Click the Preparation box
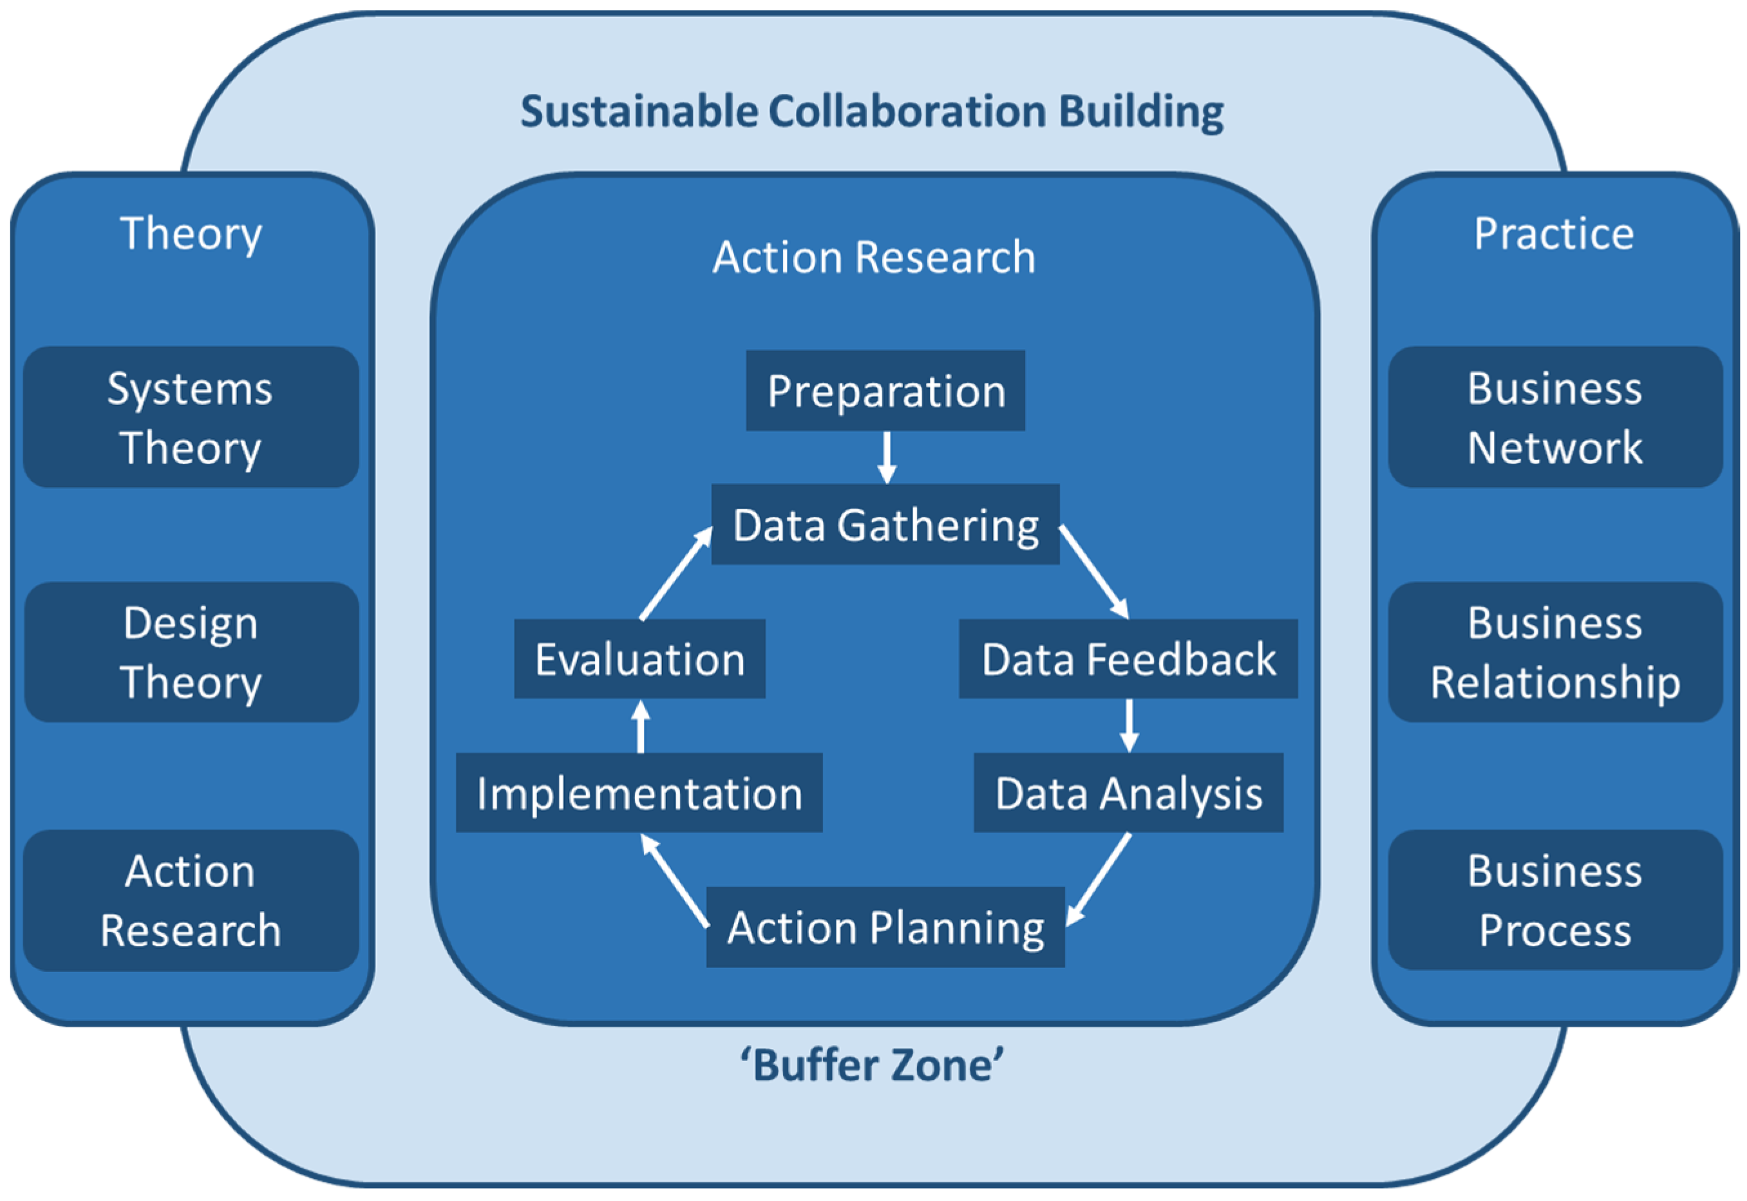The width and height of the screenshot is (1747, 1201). click(885, 391)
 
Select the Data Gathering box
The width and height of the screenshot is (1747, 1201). click(885, 525)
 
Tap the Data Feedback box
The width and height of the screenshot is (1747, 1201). click(1128, 658)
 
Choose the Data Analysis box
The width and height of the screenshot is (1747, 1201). click(1128, 792)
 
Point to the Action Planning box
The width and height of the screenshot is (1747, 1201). click(885, 926)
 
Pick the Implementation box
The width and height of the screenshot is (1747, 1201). click(639, 792)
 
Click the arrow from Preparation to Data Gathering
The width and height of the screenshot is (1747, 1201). click(887, 457)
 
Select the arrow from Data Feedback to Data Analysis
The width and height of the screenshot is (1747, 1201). click(1128, 725)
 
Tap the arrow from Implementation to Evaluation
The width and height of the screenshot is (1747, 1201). click(641, 726)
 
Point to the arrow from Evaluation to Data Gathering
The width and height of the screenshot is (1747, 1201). click(675, 573)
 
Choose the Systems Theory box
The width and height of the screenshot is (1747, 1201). click(191, 417)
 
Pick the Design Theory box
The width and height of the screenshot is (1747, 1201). click(191, 652)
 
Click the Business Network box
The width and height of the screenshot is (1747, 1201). click(1554, 417)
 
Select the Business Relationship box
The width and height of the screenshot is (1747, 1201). click(1554, 652)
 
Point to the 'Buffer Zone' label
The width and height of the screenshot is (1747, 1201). click(872, 1066)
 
